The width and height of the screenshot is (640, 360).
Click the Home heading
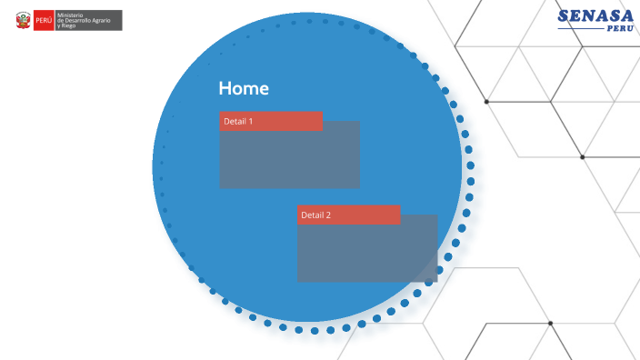click(243, 88)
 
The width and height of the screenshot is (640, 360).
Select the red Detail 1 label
click(271, 121)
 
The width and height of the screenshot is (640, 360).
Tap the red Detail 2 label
click(349, 215)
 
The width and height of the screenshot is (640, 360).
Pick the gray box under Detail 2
click(367, 254)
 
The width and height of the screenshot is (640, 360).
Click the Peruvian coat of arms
click(23, 20)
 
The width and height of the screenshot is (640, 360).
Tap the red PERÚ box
click(43, 20)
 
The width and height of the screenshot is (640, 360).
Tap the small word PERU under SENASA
click(620, 29)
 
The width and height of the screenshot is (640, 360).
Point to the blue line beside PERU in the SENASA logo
click(581, 29)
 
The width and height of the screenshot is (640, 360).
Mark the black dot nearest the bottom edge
click(550, 323)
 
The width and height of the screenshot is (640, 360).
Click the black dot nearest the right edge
click(583, 157)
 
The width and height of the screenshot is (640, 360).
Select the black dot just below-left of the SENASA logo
click(486, 101)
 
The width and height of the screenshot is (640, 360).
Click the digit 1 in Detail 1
click(250, 121)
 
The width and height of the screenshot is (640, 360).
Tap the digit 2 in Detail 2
click(328, 215)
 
